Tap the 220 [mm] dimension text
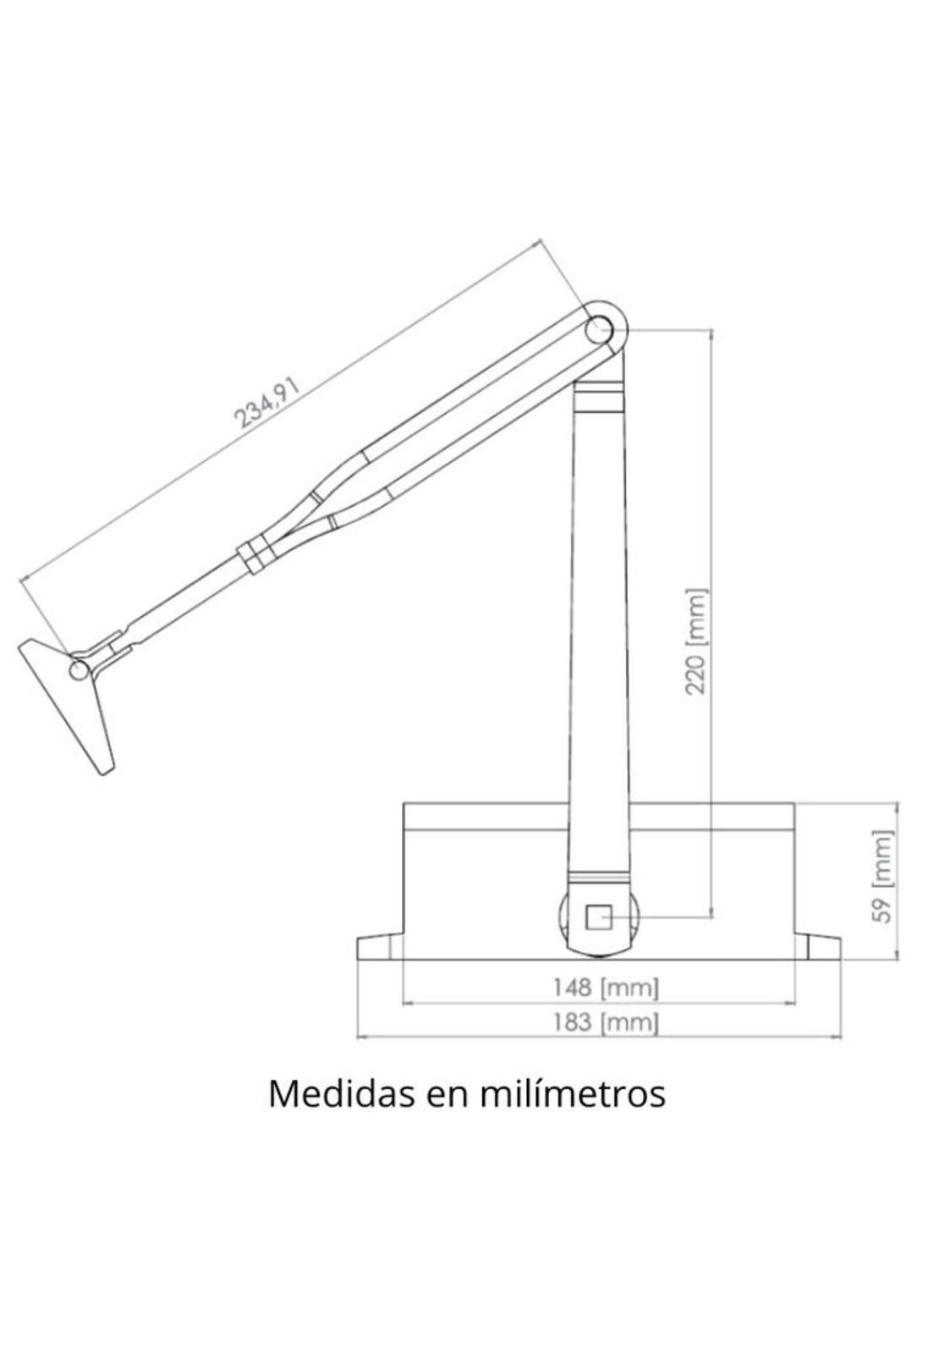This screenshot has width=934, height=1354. click(x=695, y=641)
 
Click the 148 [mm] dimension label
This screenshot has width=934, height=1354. click(x=606, y=987)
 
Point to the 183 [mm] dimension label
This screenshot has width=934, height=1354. click(x=606, y=1022)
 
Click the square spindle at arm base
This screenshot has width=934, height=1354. click(x=599, y=916)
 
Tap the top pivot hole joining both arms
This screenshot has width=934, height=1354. click(x=601, y=327)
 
